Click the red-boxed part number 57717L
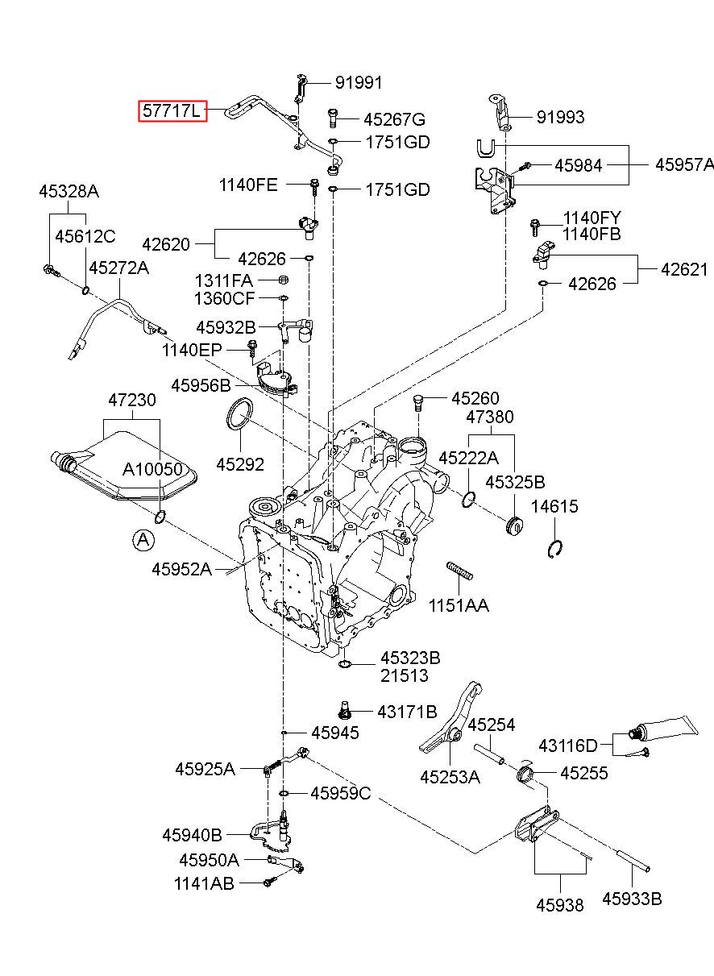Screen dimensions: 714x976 [172, 111]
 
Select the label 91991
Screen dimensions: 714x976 [359, 83]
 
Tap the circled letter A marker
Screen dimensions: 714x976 [143, 540]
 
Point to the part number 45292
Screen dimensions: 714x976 [240, 464]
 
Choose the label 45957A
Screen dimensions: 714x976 [684, 164]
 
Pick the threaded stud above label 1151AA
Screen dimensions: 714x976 [459, 571]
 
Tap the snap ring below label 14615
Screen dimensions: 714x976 [554, 549]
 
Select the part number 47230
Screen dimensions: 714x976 [132, 400]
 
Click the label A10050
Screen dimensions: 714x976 [152, 469]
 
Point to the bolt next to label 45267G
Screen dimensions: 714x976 [332, 118]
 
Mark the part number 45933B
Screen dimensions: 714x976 [632, 899]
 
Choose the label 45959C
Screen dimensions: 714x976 [341, 793]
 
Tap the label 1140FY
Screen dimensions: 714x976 [592, 218]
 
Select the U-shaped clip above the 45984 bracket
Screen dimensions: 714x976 [486, 147]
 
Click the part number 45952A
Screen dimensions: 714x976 [181, 569]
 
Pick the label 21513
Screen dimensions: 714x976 [405, 676]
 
